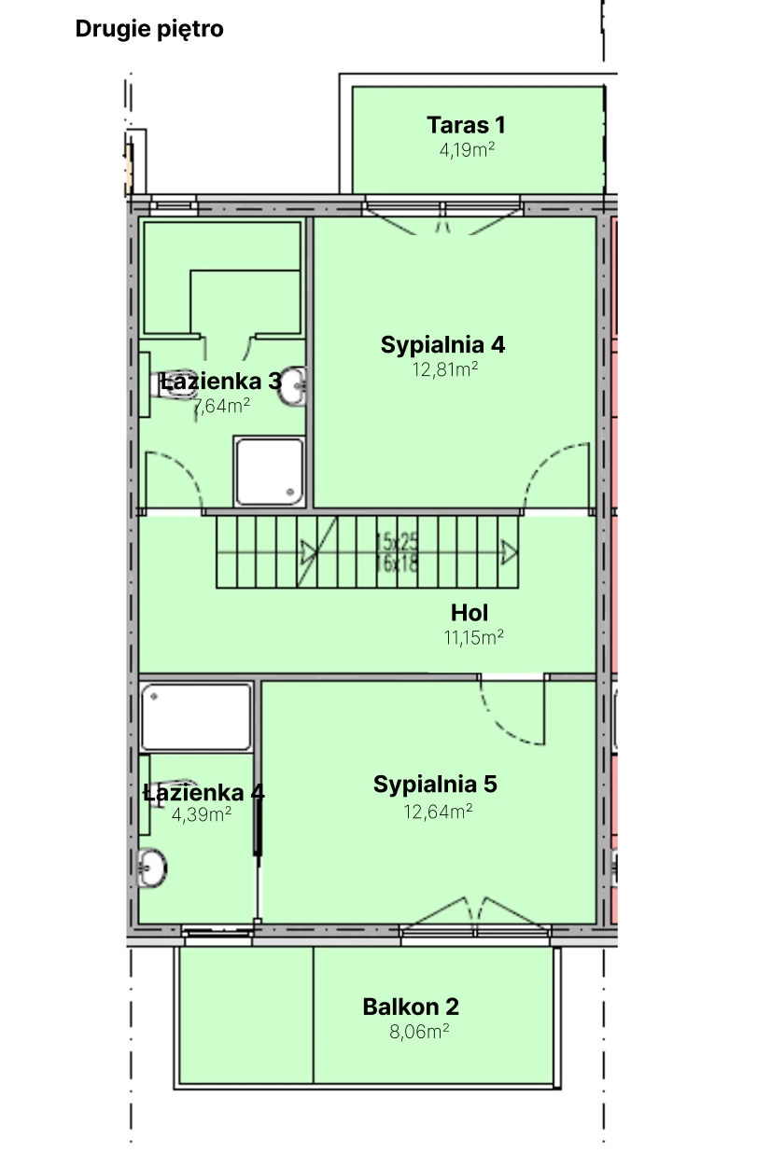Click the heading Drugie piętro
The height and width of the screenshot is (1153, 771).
click(x=149, y=29)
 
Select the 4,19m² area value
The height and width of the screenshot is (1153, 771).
click(x=467, y=149)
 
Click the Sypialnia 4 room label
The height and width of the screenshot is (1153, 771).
click(x=442, y=345)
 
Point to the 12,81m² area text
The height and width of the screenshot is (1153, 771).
click(x=445, y=369)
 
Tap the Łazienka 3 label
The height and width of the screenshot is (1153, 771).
click(x=220, y=381)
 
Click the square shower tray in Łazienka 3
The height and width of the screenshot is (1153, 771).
click(x=269, y=471)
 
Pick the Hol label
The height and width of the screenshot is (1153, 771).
click(x=470, y=613)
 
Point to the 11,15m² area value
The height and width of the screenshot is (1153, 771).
click(x=473, y=637)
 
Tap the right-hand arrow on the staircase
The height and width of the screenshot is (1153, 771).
click(x=509, y=552)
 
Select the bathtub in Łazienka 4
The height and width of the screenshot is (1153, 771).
click(x=196, y=716)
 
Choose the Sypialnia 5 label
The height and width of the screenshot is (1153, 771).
click(x=435, y=785)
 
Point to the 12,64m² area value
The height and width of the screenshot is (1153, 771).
click(x=438, y=811)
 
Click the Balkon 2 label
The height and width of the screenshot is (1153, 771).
click(x=411, y=1007)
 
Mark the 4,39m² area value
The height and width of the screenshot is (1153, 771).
click(x=202, y=814)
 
